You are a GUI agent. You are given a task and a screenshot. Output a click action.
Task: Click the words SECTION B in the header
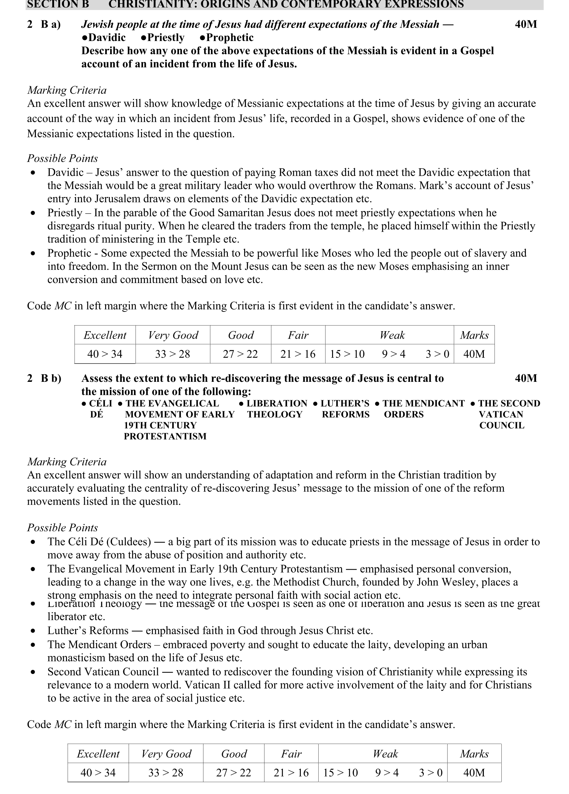click(58, 4)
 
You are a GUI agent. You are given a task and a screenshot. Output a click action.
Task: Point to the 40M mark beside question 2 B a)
click(526, 24)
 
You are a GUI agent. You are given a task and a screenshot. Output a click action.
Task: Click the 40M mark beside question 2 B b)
click(526, 378)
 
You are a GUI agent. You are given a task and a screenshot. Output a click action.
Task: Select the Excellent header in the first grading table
click(105, 335)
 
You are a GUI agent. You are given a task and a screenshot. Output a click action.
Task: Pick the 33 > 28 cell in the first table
click(172, 354)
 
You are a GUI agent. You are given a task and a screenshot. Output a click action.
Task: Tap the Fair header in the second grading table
click(291, 753)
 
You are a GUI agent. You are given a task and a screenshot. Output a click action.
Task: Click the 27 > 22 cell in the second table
click(233, 772)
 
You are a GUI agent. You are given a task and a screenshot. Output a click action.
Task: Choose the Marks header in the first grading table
click(474, 335)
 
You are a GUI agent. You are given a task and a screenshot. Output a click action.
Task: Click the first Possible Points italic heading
click(62, 158)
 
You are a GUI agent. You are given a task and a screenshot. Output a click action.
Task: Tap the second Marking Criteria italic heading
click(67, 462)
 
